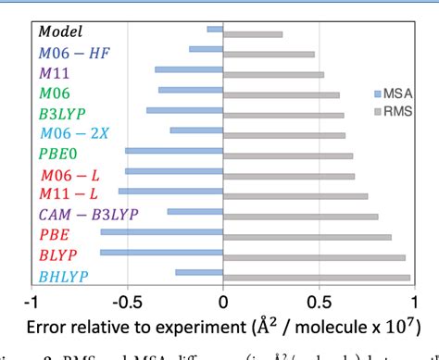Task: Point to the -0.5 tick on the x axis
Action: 126,301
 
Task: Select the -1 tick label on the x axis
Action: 32,301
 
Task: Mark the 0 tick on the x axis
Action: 223,301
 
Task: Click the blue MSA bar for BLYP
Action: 161,252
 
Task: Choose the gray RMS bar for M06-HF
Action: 269,55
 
